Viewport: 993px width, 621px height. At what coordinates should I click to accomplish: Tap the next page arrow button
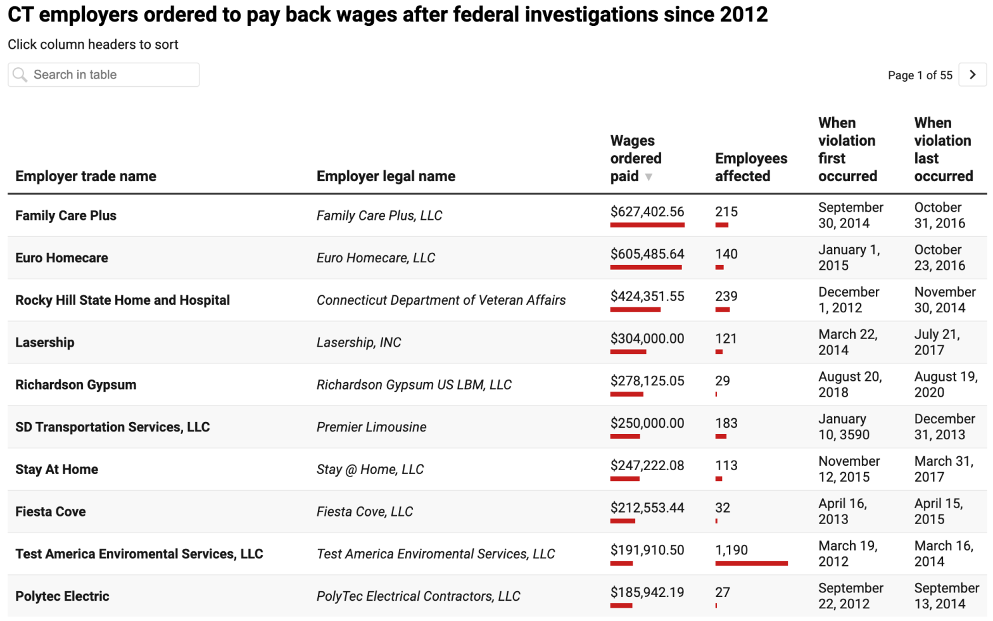[972, 75]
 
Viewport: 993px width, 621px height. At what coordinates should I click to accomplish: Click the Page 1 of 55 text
[920, 75]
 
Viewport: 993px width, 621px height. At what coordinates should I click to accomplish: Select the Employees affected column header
[750, 167]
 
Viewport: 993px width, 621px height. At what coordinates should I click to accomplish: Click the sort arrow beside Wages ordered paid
[648, 177]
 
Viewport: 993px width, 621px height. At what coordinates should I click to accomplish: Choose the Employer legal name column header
[386, 176]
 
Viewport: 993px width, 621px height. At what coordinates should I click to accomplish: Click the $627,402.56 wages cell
[647, 212]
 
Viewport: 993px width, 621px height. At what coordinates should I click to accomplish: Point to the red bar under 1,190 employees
[751, 563]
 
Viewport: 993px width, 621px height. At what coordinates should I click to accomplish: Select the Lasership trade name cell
[45, 342]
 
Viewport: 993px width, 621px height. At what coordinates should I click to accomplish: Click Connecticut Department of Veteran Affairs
[441, 300]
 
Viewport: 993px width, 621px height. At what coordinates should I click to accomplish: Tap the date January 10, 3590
[844, 427]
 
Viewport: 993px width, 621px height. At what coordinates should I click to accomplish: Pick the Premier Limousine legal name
[371, 427]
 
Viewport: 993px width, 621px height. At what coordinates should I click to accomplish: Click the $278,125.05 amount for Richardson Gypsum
[647, 381]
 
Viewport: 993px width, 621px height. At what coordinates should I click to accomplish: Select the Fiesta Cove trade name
[51, 511]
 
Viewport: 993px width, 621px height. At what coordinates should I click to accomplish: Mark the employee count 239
[726, 297]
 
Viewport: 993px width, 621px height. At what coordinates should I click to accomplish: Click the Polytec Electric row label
[62, 596]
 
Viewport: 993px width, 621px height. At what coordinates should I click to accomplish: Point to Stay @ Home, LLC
[370, 470]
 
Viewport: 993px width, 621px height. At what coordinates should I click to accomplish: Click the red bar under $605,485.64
[645, 267]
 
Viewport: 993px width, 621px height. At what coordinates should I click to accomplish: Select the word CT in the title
[20, 14]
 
